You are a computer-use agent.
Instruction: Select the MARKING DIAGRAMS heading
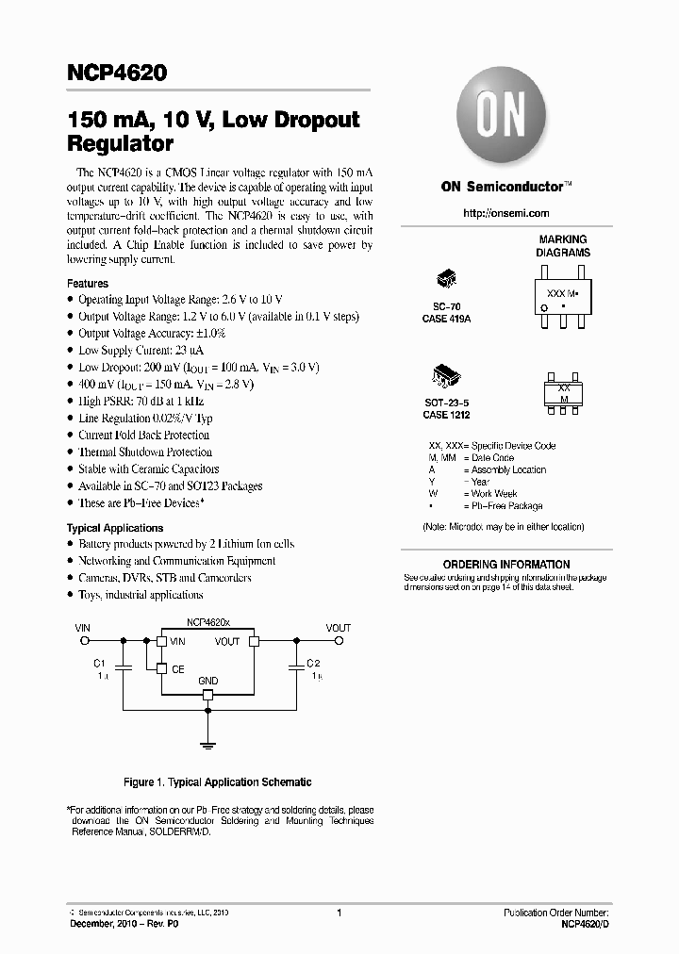click(x=563, y=246)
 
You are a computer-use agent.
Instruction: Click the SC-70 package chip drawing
click(x=446, y=280)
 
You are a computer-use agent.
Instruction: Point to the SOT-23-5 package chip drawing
click(x=446, y=374)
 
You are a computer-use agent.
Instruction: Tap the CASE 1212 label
click(x=446, y=415)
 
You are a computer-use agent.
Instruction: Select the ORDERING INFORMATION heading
click(x=506, y=565)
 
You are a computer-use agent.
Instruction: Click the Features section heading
click(x=88, y=284)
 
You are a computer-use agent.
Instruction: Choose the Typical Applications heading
click(x=115, y=528)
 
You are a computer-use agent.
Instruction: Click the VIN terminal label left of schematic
click(x=83, y=627)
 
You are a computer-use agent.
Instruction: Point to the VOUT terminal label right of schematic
click(x=338, y=628)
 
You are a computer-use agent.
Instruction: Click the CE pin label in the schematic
click(x=177, y=669)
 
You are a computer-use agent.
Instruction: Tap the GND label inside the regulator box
click(x=208, y=681)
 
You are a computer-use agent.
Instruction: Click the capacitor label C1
click(x=100, y=663)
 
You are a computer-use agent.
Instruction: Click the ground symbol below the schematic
click(x=208, y=744)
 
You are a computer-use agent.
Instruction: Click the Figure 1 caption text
click(x=218, y=782)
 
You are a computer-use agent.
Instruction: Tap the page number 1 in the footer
click(x=339, y=913)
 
